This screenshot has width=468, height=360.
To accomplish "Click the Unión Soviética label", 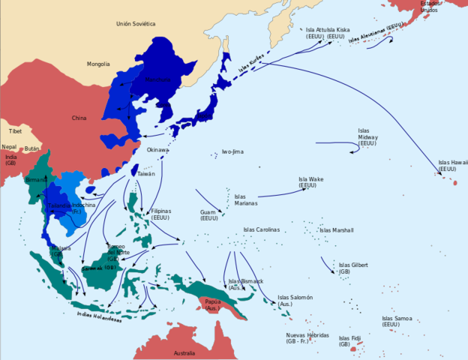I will point(136,24).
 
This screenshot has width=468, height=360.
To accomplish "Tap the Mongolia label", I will point(97,64).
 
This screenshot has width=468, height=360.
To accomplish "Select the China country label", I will point(79,118).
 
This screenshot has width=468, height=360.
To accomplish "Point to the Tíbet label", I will point(16,131).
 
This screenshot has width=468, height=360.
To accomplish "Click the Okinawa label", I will point(157,150).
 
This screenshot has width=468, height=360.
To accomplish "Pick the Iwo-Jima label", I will point(232,151).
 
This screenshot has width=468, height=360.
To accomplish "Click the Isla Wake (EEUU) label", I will point(310,183).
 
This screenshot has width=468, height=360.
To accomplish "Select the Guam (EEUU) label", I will point(208,215).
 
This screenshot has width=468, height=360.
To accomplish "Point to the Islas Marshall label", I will point(337,230).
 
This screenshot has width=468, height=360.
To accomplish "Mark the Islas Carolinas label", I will point(261,229).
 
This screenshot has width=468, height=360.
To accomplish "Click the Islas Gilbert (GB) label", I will point(354,268).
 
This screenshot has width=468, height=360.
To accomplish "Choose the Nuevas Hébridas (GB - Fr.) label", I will point(307,338).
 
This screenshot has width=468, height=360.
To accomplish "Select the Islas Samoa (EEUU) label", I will point(397,322).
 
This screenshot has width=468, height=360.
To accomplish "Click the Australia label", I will point(184,352).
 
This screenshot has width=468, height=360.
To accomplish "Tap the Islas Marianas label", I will point(245,199).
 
